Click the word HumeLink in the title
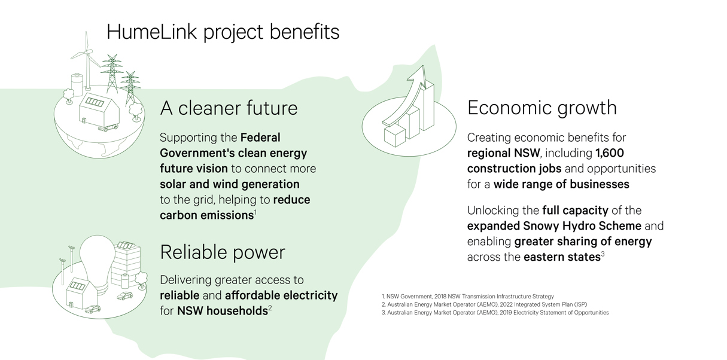152,32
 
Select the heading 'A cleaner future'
229,108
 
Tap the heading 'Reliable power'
223,252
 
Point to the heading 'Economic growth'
542,108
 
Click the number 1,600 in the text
610,153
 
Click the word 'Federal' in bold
260,138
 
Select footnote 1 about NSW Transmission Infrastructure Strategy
468,297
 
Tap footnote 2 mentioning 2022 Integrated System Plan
484,304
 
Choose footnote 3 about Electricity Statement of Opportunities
495,313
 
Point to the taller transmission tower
112,74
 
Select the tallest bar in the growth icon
428,105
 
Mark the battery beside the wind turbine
77,84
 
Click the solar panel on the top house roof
95,102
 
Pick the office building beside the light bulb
126,264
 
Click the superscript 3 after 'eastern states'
603,254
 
